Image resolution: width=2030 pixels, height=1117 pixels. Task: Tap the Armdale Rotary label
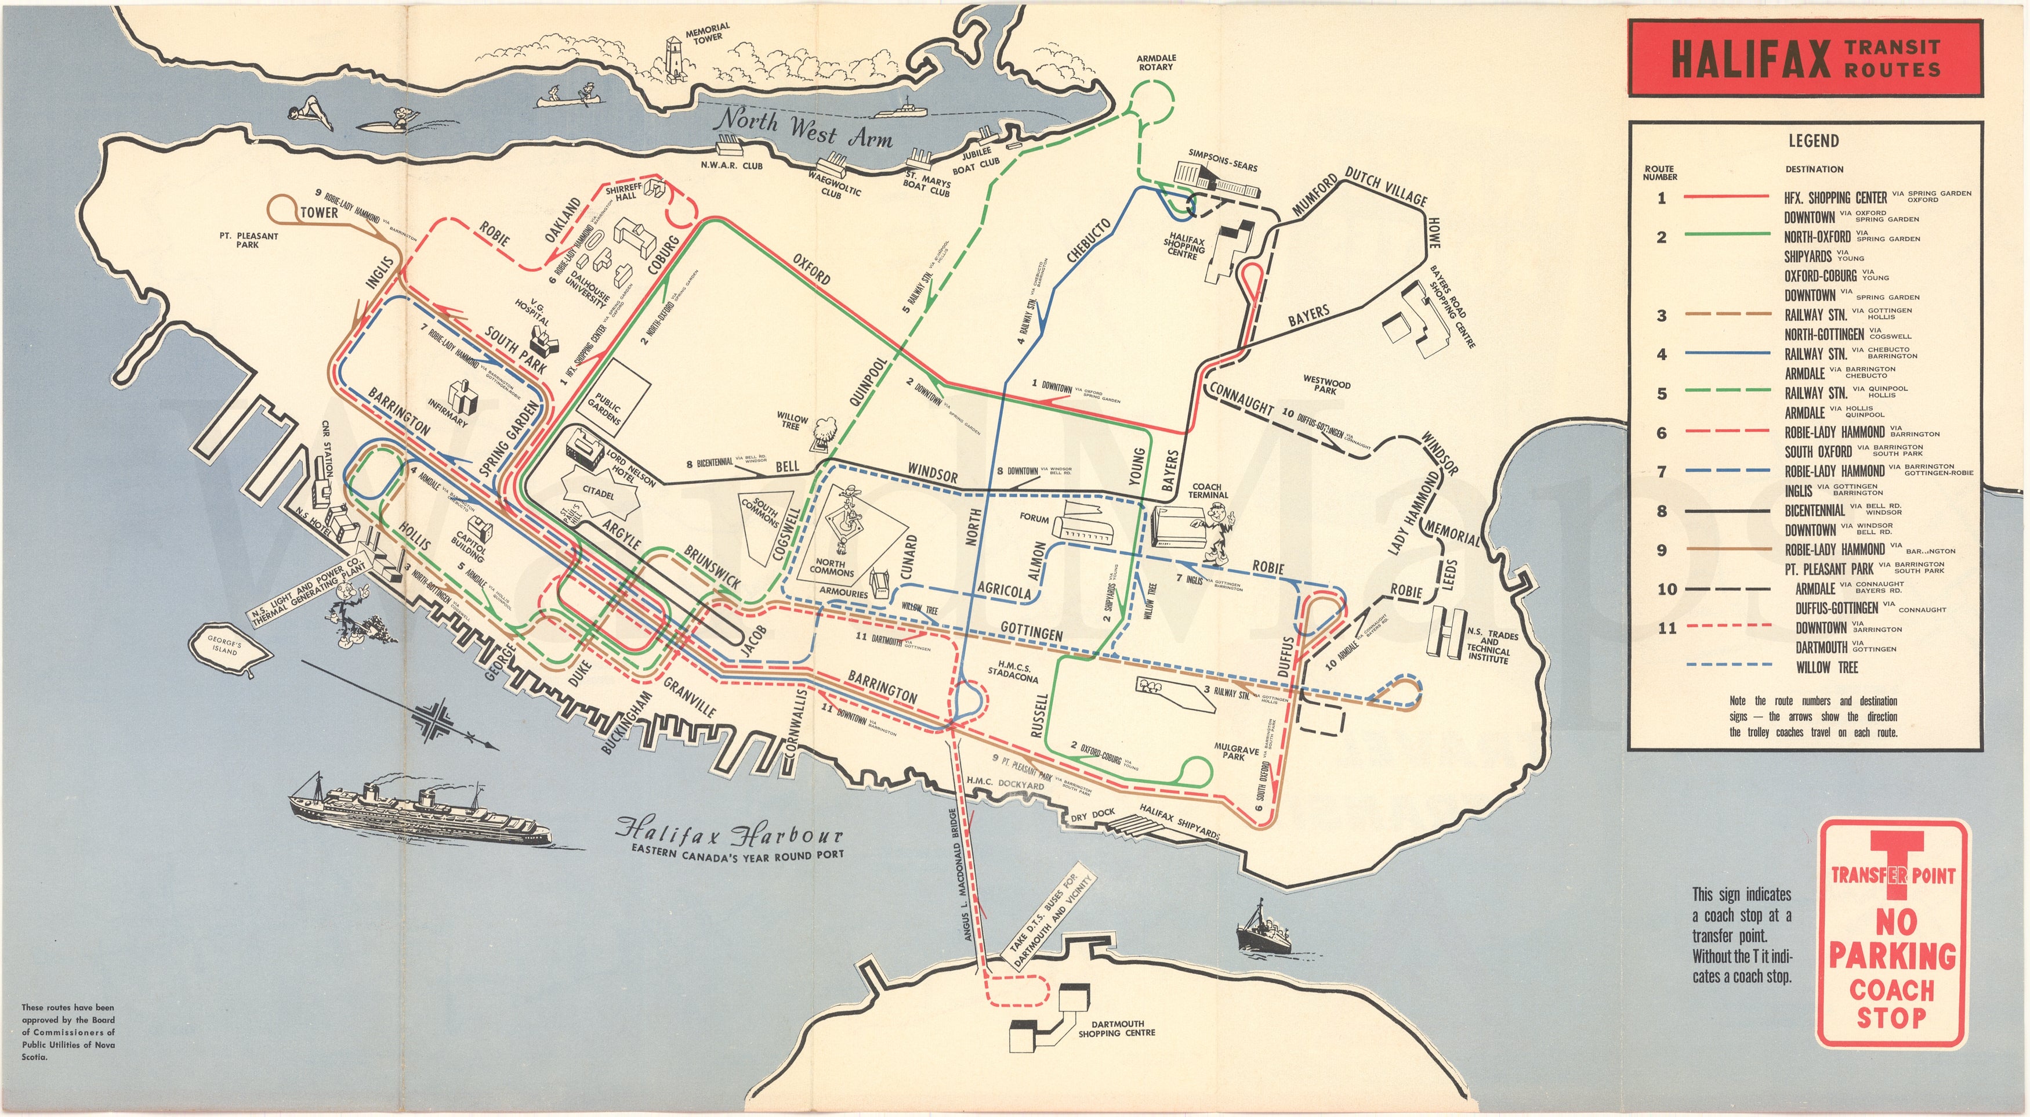point(1155,62)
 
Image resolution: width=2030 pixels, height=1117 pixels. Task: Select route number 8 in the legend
point(1661,511)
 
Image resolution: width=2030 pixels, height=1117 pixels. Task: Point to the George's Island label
point(224,646)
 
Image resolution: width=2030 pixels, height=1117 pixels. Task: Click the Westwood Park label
point(1326,385)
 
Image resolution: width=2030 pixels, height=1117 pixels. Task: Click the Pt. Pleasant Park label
point(248,240)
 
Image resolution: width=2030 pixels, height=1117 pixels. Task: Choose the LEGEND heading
point(1812,140)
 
